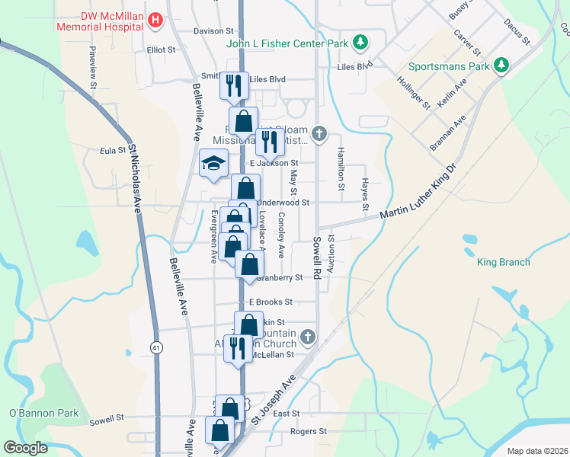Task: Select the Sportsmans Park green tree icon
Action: click(x=501, y=66)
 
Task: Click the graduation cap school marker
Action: click(x=214, y=163)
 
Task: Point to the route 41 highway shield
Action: click(x=155, y=347)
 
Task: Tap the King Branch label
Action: click(x=503, y=263)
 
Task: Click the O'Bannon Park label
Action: click(x=34, y=414)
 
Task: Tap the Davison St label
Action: click(x=213, y=31)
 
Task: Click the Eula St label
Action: click(x=112, y=151)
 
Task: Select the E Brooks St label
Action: click(x=270, y=302)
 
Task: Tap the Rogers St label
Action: click(x=308, y=431)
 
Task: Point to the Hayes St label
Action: click(x=366, y=195)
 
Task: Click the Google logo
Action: click(x=25, y=448)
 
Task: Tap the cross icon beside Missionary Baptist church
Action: click(x=319, y=135)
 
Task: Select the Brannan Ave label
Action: click(x=448, y=134)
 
